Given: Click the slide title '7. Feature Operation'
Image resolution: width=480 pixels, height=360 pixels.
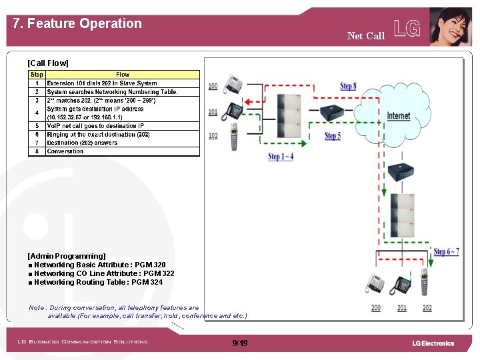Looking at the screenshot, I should [x=77, y=24].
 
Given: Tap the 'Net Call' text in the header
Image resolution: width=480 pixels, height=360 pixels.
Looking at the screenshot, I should [x=365, y=36].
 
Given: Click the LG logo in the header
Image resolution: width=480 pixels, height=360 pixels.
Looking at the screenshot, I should [x=407, y=28].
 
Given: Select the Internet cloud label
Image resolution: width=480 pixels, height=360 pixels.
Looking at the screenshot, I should [x=399, y=116].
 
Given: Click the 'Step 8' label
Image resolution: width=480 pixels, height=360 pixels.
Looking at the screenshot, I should [x=348, y=86].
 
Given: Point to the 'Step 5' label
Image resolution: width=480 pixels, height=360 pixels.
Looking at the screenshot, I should [x=332, y=136].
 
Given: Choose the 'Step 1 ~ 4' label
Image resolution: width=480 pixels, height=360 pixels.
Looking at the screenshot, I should [x=281, y=157].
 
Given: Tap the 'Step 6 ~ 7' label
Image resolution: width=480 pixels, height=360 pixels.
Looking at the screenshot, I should [x=446, y=251].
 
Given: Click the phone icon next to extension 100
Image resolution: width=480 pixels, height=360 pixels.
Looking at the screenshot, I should [x=233, y=84].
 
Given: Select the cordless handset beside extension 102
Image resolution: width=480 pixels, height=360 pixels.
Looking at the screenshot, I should [x=234, y=136].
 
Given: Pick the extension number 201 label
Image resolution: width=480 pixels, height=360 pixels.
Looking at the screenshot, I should [x=402, y=308].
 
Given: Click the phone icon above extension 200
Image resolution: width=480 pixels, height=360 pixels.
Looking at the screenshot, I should [x=375, y=285].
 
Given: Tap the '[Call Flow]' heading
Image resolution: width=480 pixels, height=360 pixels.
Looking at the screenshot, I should [x=48, y=63].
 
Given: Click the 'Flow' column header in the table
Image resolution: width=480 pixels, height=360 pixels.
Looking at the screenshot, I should [x=123, y=75].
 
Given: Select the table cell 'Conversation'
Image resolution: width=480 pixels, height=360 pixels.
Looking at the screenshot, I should [x=65, y=151].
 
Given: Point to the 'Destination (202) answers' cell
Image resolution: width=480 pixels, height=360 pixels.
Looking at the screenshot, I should [x=82, y=143].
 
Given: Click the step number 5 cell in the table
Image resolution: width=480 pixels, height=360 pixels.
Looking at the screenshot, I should [x=37, y=126].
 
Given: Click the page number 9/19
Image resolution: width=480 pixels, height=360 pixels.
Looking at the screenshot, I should [x=240, y=343].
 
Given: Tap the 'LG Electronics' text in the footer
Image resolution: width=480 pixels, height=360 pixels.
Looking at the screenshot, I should [x=433, y=343].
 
